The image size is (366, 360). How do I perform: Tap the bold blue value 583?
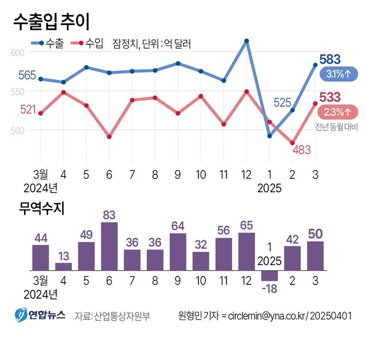pyautogui.click(x=331, y=59)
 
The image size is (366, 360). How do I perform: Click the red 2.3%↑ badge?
pyautogui.click(x=337, y=111)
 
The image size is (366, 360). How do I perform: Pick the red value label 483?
pyautogui.click(x=301, y=150)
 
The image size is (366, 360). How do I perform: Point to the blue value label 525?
pyautogui.click(x=283, y=102)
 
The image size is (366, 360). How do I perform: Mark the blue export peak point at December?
pyautogui.click(x=246, y=41)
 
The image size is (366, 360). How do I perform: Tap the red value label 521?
pyautogui.click(x=28, y=109)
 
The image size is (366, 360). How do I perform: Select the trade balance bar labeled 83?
pyautogui.click(x=109, y=246)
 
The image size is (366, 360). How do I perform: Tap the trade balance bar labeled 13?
pyautogui.click(x=63, y=266)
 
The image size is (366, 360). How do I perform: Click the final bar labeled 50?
pyautogui.click(x=315, y=255)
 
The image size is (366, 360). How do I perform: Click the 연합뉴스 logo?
pyautogui.click(x=40, y=315)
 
